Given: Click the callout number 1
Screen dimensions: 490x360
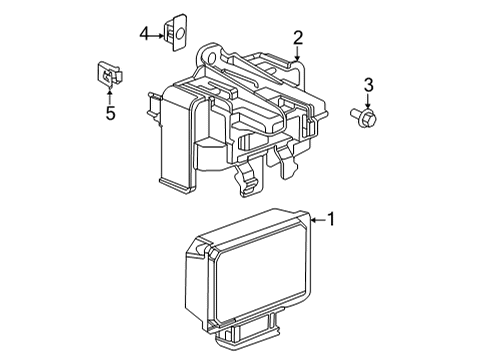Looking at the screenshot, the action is [x=331, y=219].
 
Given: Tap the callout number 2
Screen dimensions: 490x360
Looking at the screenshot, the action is [x=298, y=38].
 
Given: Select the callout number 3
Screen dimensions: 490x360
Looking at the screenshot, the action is [x=368, y=85].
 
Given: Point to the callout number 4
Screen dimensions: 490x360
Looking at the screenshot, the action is [x=144, y=34].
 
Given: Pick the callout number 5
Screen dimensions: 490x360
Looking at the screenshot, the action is [x=110, y=113].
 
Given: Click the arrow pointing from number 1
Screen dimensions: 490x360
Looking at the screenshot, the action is [x=318, y=220].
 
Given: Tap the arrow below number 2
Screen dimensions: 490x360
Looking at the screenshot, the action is [x=297, y=53].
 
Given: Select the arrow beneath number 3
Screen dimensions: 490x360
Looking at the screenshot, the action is [x=368, y=101].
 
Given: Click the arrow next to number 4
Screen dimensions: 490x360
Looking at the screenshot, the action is [x=157, y=35].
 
